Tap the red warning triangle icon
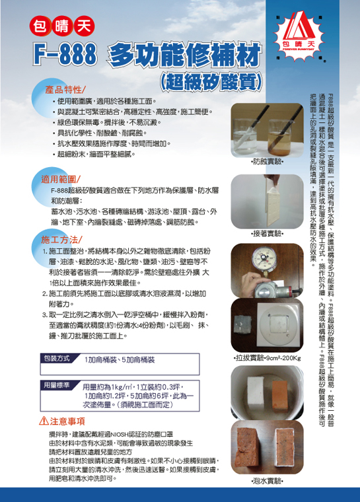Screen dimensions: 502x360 tap(44, 420)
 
